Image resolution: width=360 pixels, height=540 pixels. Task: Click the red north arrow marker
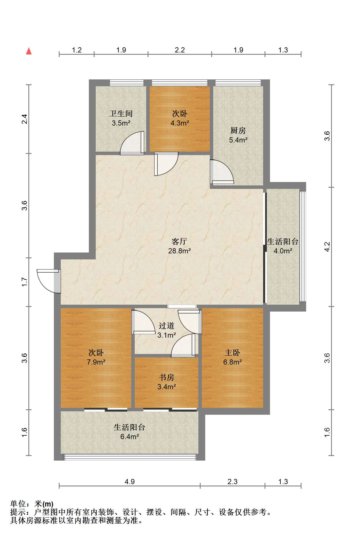29,51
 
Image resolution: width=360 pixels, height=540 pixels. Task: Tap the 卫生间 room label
121,114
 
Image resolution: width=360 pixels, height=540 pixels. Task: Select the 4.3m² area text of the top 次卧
180,123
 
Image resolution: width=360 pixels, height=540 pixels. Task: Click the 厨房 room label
238,131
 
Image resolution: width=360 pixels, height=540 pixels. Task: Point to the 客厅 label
179,241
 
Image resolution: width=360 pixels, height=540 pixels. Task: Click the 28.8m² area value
179,251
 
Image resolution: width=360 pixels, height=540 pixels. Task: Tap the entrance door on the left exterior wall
49,281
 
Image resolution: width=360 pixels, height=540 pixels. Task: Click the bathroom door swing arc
130,143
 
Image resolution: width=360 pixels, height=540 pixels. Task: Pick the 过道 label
167,326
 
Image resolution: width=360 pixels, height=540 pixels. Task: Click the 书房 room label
167,377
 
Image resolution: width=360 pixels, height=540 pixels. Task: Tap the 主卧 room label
232,353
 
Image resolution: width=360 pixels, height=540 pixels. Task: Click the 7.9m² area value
96,362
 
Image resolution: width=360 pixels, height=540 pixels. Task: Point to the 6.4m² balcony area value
130,437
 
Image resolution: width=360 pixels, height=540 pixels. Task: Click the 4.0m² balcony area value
283,251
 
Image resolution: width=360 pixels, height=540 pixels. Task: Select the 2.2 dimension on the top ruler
180,50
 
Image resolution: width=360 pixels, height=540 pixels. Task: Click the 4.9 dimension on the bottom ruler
130,482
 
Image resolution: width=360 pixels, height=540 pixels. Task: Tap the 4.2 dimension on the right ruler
327,247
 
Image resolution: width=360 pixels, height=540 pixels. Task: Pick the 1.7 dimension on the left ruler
25,282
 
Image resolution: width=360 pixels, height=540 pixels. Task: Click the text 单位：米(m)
32,504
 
